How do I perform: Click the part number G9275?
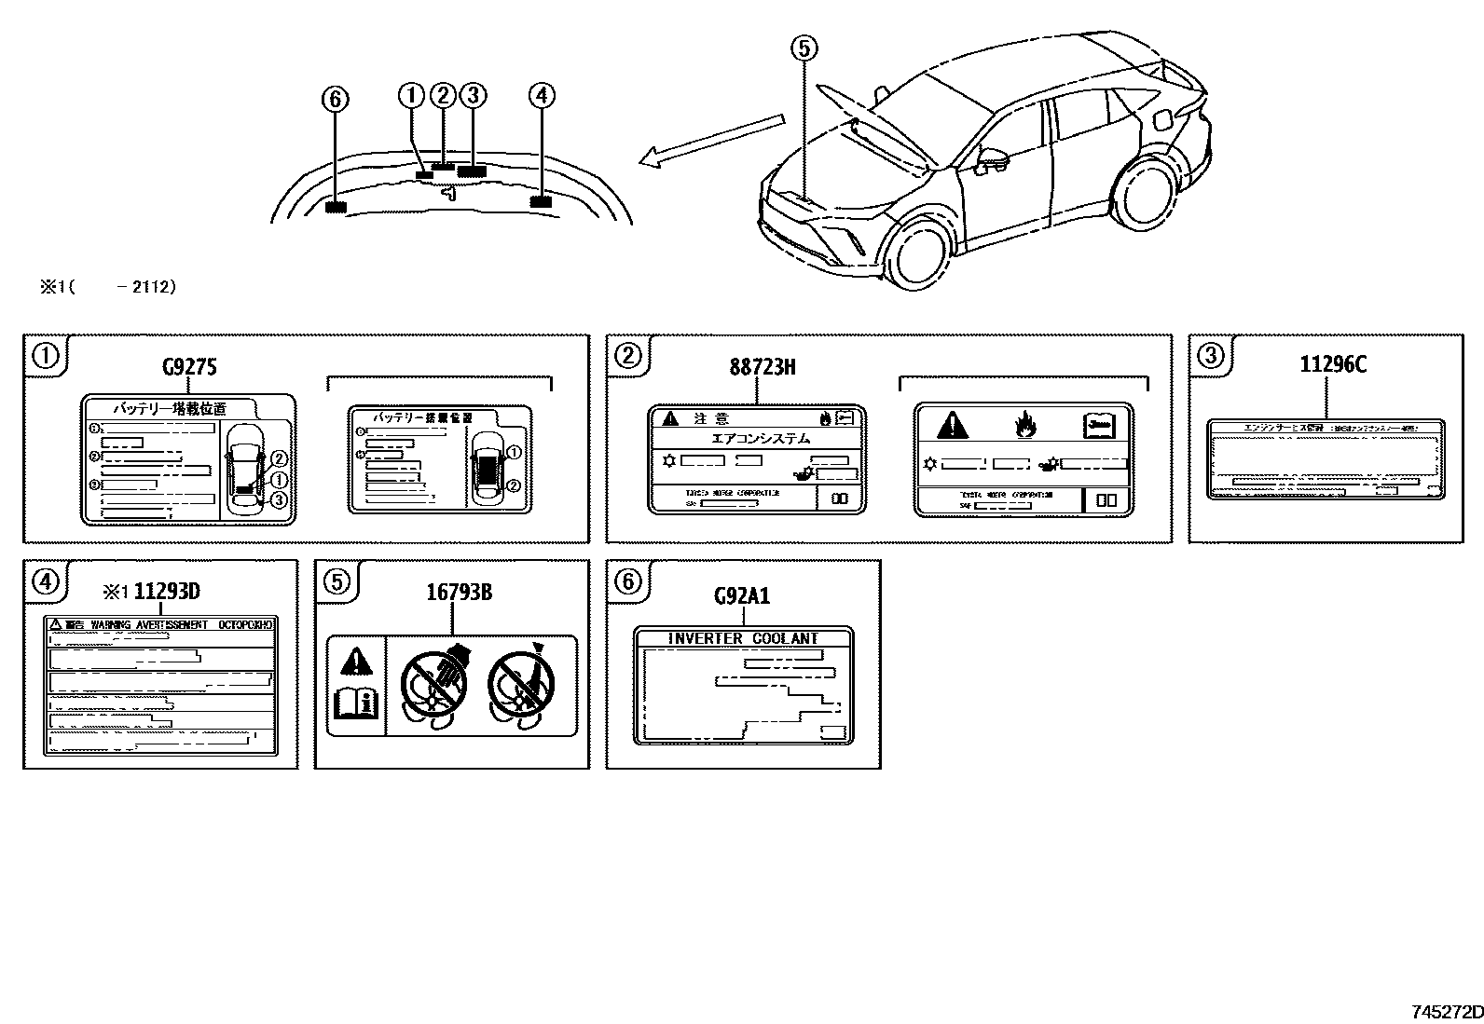[189, 367]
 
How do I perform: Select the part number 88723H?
[763, 367]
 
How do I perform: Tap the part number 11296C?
[1333, 364]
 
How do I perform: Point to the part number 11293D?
[167, 591]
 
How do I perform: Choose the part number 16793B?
[460, 591]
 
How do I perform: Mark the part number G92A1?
[742, 595]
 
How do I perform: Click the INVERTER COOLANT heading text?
[743, 638]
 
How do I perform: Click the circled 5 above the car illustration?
[804, 48]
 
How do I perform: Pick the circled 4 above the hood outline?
[541, 94]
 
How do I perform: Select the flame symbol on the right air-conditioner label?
[1025, 426]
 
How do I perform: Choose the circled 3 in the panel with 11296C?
[1210, 355]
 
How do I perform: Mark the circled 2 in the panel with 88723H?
[627, 355]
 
